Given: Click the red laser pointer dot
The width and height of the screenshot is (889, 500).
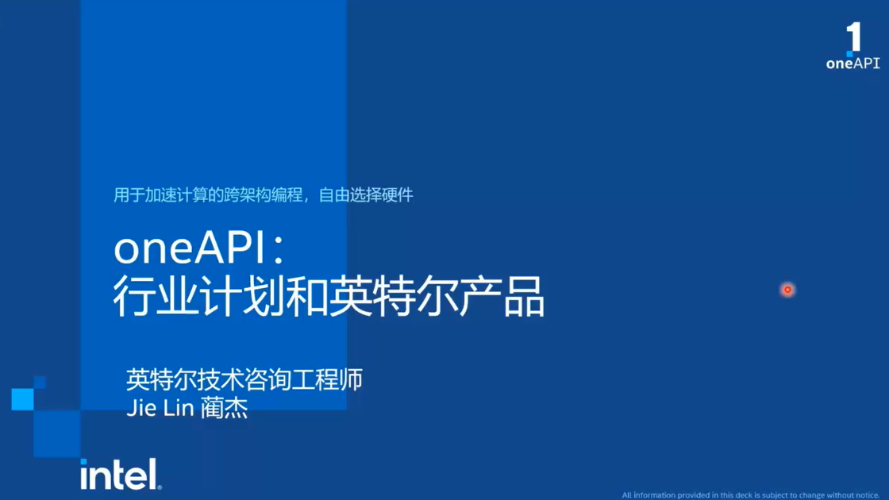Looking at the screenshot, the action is point(787,290).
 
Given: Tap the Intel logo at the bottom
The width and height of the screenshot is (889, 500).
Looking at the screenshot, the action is point(121,474).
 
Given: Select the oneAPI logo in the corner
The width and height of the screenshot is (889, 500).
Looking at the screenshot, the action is point(852,46).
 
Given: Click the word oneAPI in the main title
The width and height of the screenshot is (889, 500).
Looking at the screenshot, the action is point(190,248).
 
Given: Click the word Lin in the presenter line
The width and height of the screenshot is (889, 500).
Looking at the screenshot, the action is point(178,408).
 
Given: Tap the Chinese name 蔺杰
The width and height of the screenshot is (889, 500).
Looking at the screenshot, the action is point(224,408).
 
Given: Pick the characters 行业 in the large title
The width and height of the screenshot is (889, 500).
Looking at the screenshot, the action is point(156,296).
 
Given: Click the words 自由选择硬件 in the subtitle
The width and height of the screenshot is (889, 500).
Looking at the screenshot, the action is point(366,195).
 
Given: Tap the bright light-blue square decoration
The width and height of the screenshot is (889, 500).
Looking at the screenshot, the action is point(23,399).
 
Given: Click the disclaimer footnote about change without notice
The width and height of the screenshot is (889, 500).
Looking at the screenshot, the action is point(751,495).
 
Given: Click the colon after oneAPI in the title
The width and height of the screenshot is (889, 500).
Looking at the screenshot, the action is point(278,249).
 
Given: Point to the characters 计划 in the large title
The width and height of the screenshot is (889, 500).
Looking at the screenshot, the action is point(243,296).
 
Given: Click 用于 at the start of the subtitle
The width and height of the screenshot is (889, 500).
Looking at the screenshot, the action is point(129,195).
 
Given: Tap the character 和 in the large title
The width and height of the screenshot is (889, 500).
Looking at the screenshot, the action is point(306,296).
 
